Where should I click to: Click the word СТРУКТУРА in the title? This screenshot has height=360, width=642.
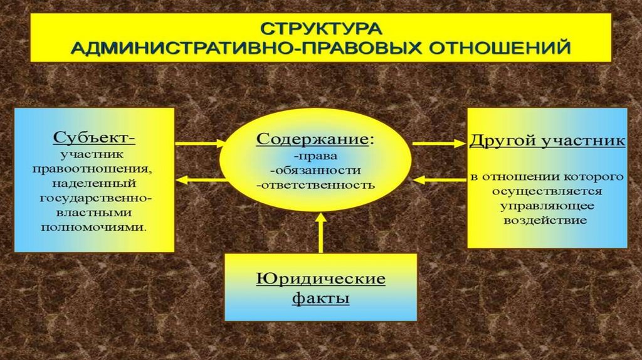320,29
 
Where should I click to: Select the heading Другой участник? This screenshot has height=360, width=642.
547,140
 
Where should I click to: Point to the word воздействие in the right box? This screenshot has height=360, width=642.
547,221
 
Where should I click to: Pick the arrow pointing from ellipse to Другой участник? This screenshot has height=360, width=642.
439,144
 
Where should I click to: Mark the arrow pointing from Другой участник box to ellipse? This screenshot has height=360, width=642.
439,180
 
